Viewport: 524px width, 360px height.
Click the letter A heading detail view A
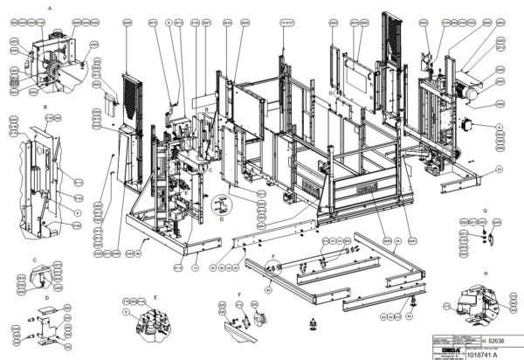(50, 7)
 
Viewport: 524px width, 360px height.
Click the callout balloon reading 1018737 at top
(285, 20)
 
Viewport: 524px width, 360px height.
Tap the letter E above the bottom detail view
(155, 295)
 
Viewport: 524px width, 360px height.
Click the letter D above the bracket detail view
(46, 296)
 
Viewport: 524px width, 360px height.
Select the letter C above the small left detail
(34, 260)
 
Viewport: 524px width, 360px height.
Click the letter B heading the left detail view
(44, 107)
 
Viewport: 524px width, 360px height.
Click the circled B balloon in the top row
(168, 20)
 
